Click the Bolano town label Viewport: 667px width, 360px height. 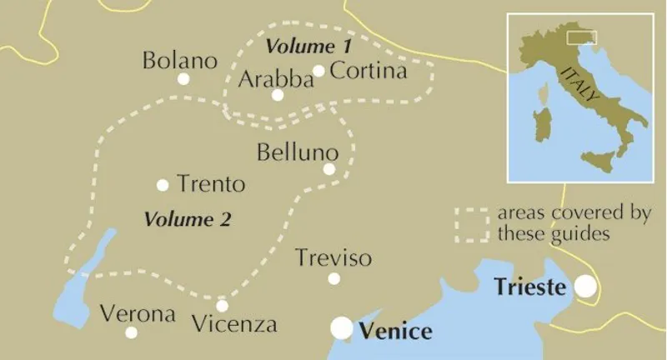point(179,61)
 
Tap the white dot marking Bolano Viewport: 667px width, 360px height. point(183,79)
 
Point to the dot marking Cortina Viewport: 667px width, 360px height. point(318,71)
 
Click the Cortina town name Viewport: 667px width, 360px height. point(369,71)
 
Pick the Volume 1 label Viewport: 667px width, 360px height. point(308,43)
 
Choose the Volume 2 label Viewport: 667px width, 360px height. point(188,219)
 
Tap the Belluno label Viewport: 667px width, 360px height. point(298,153)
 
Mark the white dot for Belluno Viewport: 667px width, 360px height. point(328,169)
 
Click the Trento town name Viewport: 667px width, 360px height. point(211,184)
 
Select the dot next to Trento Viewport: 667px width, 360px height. point(163,185)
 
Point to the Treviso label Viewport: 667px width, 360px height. point(333,258)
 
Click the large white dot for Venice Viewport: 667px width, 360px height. point(342,328)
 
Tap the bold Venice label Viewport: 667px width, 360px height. point(396,332)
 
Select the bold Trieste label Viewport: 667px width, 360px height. point(530,287)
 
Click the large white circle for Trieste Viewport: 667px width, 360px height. point(587,287)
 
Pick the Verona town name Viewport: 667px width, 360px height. point(138,314)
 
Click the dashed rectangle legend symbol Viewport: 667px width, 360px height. point(471,224)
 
